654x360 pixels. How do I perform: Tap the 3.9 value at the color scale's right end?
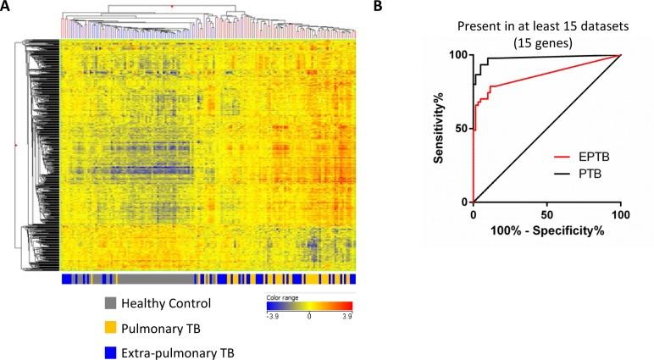click(x=346, y=318)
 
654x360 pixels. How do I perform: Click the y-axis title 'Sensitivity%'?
click(x=441, y=128)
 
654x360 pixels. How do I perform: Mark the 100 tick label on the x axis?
click(x=621, y=214)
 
